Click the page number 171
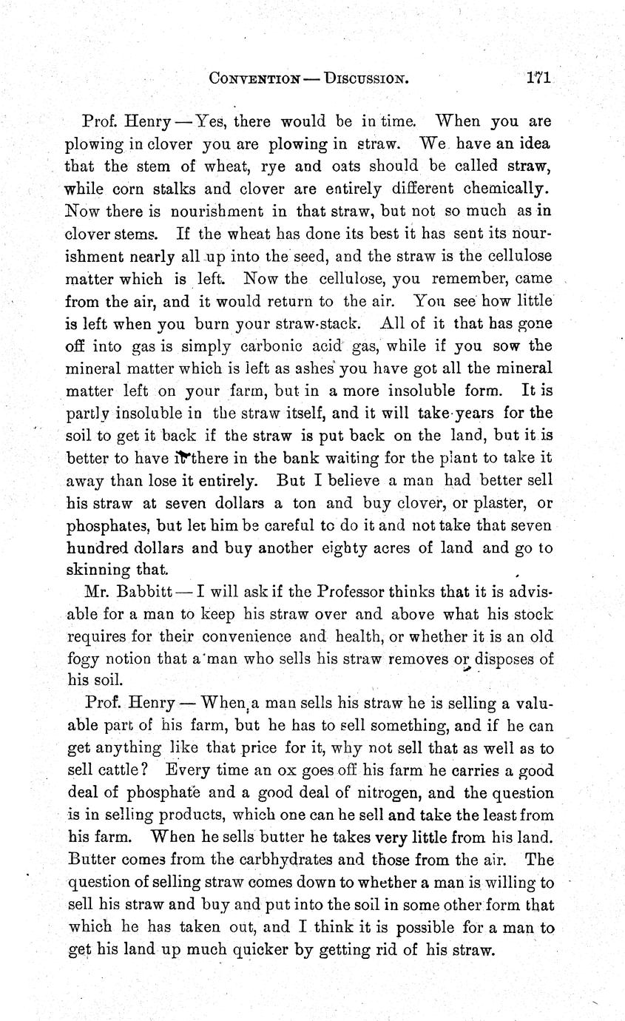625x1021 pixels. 540,78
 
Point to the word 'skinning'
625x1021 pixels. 97,570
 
